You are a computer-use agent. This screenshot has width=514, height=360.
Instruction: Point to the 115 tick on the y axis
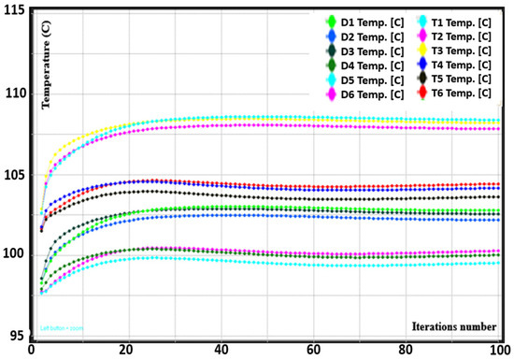(15, 16)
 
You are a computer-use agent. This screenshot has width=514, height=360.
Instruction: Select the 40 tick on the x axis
(221, 350)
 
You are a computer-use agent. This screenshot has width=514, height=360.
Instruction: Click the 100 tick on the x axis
(501, 350)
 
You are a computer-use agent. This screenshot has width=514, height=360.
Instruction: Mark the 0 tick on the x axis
(31, 350)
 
